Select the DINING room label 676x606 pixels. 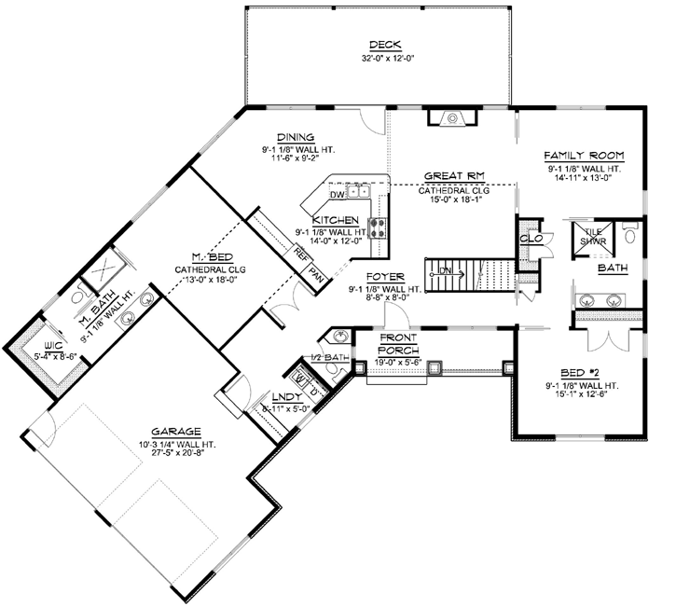coord(296,135)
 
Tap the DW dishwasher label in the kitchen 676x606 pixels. coord(337,196)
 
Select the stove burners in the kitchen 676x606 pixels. coord(379,224)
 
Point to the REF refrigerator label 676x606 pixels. coord(301,253)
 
